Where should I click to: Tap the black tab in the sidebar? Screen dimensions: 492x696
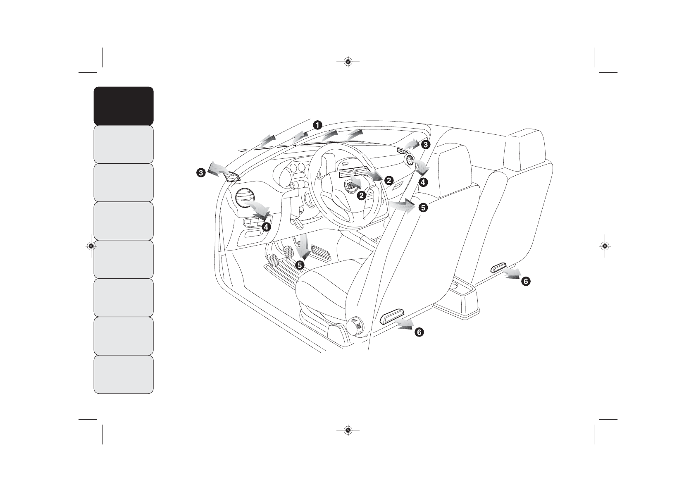124,106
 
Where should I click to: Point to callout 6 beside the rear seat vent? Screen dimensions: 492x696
525,282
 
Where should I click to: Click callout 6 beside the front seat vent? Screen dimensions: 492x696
419,332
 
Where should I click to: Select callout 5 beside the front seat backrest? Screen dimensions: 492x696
423,208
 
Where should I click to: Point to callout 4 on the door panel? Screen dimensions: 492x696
266,227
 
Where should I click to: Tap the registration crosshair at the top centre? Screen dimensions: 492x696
348,62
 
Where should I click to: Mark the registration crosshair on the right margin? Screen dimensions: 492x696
605,246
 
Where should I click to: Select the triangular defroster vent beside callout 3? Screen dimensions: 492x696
232,177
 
